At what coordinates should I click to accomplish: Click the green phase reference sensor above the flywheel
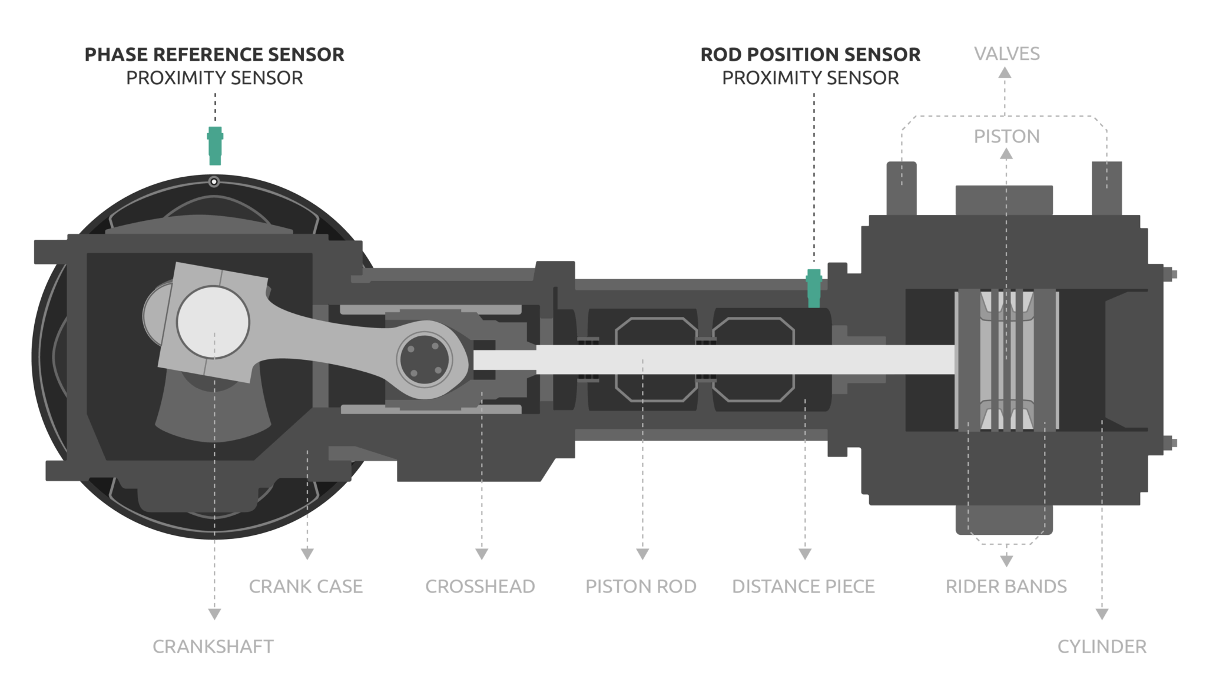(x=215, y=145)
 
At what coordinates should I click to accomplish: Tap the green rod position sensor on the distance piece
(x=814, y=289)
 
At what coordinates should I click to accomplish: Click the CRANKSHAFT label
(x=213, y=647)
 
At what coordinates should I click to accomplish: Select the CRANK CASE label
(x=306, y=587)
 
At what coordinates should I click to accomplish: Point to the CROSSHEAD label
(x=480, y=587)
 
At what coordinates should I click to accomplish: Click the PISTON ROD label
(x=641, y=587)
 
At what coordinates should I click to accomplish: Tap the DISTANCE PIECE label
(x=803, y=587)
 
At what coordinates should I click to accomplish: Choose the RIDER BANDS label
(x=1006, y=587)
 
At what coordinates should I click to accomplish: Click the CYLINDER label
(x=1102, y=647)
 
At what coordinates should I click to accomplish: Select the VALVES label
(x=1006, y=54)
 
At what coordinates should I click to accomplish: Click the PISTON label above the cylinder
(x=1006, y=137)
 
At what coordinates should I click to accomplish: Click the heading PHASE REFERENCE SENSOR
(x=214, y=55)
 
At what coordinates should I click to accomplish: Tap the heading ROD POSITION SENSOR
(x=810, y=55)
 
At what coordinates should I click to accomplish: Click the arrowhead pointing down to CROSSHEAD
(x=482, y=554)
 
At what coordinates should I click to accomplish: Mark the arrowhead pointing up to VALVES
(x=1005, y=73)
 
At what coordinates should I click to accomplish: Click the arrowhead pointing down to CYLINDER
(x=1102, y=614)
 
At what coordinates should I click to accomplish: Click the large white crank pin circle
(x=213, y=322)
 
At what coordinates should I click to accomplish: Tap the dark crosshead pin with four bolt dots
(x=424, y=360)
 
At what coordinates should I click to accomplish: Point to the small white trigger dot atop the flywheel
(x=214, y=182)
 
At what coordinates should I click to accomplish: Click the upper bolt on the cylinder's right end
(x=1170, y=274)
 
